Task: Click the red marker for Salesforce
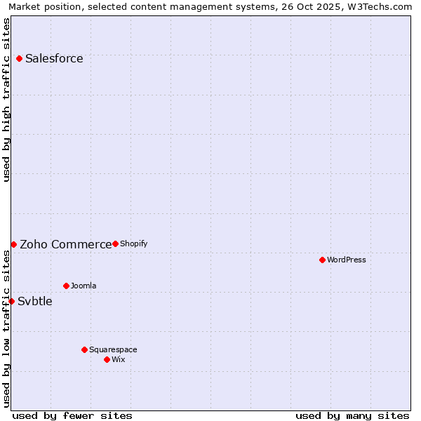[x=19, y=58]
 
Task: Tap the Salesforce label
[x=54, y=59]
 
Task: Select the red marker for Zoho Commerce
[x=13, y=244]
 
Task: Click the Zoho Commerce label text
[x=65, y=245]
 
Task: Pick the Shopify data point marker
[x=115, y=243]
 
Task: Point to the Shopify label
[x=133, y=244]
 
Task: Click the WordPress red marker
[x=322, y=260]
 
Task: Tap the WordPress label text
[x=347, y=260]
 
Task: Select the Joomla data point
[x=66, y=286]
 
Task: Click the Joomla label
[x=83, y=286]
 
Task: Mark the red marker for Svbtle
[x=11, y=301]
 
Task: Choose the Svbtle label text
[x=35, y=302]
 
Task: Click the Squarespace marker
[x=84, y=349]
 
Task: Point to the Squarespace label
[x=113, y=350]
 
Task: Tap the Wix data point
[x=107, y=359]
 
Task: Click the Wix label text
[x=119, y=360]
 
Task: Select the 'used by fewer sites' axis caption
[x=72, y=415]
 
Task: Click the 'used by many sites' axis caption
[x=352, y=415]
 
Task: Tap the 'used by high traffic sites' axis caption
[x=7, y=100]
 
